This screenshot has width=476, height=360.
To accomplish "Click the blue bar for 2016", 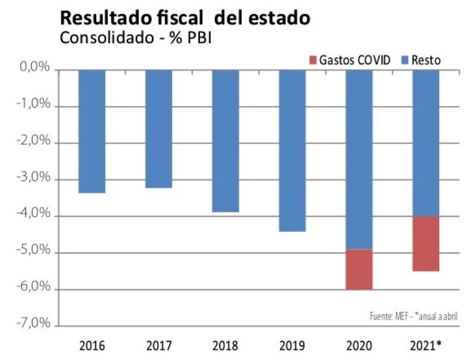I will (91, 131).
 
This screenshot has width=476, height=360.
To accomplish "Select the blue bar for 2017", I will (158, 129).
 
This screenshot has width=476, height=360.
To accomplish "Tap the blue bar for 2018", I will (225, 141).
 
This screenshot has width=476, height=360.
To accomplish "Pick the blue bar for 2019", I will (292, 150).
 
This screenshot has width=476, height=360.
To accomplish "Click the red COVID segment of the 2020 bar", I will (359, 269).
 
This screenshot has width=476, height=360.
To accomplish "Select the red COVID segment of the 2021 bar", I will (426, 244).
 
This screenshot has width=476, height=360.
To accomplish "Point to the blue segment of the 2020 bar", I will (359, 159).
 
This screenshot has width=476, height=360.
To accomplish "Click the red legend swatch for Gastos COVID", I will (313, 60).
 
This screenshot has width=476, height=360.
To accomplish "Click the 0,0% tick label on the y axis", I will (35, 69).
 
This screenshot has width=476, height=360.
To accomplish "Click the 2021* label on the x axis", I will (426, 344).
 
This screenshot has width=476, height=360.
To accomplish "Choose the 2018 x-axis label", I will (225, 344).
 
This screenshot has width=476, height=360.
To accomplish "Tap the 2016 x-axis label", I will (91, 344).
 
